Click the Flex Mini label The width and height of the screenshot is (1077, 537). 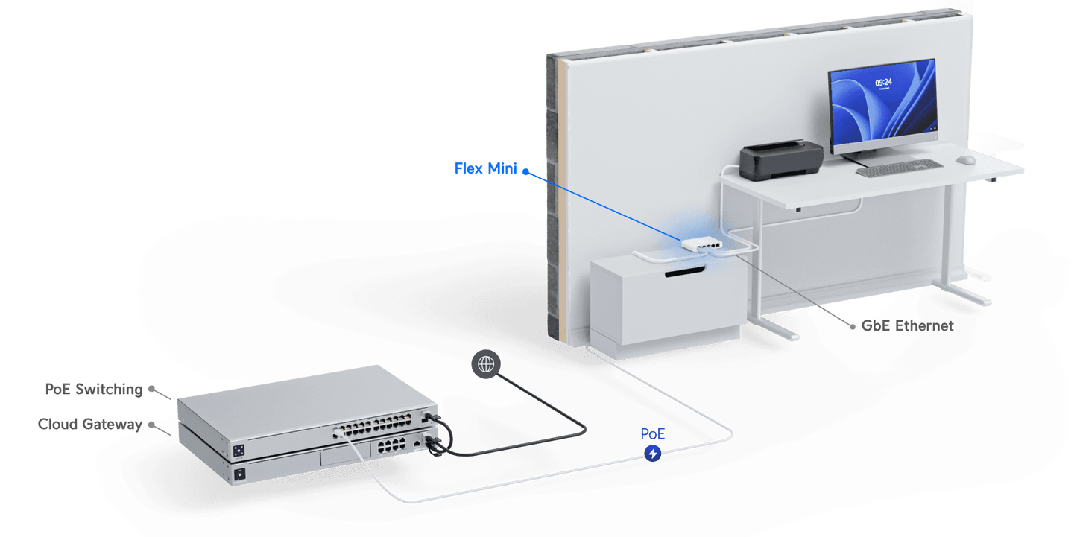tap(485, 168)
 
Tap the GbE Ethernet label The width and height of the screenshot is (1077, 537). tap(907, 326)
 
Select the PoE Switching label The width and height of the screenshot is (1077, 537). tap(93, 389)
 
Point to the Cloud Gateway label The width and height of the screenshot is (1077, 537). tap(89, 424)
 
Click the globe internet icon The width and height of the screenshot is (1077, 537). tap(486, 363)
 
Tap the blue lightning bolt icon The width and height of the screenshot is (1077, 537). tap(653, 452)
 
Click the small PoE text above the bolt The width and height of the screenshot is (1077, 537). tap(653, 433)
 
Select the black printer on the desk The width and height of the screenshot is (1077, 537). tap(780, 160)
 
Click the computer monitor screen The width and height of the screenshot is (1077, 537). tap(882, 106)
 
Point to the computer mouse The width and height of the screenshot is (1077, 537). tap(965, 159)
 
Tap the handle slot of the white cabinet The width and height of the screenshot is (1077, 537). tap(683, 276)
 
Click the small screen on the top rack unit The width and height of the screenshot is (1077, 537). tap(239, 451)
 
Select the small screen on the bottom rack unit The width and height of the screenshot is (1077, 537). tap(239, 474)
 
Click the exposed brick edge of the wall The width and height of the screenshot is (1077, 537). tap(553, 201)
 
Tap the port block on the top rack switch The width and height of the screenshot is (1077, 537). tap(376, 428)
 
